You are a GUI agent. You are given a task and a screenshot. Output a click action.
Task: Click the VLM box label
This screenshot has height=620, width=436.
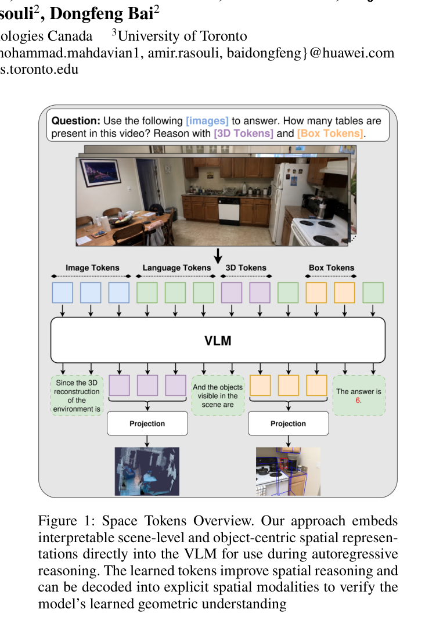(x=218, y=340)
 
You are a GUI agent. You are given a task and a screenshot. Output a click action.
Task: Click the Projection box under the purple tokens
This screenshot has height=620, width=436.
(x=147, y=423)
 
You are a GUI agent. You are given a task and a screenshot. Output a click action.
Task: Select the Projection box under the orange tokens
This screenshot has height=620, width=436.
(x=288, y=423)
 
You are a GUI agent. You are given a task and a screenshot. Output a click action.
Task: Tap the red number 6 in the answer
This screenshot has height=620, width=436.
(x=358, y=400)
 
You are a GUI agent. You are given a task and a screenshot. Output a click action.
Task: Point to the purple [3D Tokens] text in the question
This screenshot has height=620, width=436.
(x=243, y=134)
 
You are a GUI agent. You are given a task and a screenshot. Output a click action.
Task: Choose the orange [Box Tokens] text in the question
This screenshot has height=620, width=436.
(x=330, y=134)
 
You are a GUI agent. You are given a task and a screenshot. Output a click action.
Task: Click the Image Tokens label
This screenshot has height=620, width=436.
(x=92, y=268)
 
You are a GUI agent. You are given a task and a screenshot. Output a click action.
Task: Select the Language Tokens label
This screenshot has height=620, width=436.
(x=176, y=268)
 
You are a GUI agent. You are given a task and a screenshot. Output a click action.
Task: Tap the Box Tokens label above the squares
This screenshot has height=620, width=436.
(x=331, y=268)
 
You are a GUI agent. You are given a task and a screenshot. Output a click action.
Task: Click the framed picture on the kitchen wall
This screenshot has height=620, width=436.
(x=100, y=172)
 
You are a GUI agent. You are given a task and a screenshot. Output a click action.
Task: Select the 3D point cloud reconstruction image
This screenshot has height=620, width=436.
(x=147, y=471)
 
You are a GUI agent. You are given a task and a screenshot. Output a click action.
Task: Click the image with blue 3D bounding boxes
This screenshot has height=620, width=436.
(x=288, y=471)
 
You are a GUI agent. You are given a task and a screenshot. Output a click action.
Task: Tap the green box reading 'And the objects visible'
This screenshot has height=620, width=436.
(x=218, y=395)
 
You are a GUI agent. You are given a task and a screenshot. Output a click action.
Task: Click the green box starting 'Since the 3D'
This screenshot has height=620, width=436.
(x=77, y=395)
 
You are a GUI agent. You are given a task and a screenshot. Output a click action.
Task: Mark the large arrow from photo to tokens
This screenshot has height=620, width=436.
(x=218, y=256)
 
